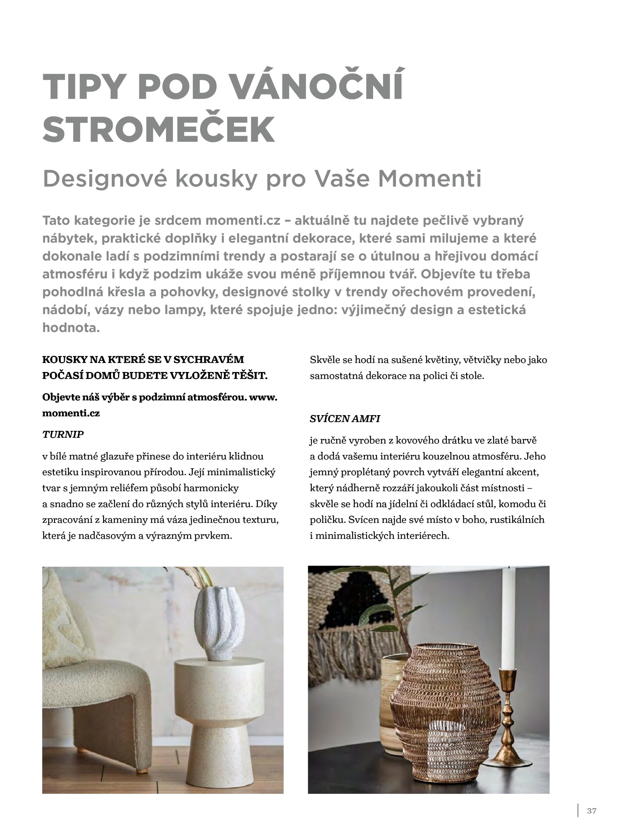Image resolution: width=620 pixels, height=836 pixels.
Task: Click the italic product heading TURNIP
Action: click(x=63, y=434)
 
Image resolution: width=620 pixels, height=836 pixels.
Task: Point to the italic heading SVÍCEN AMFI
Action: click(x=344, y=418)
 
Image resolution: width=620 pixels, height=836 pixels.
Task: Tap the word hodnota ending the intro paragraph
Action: click(x=71, y=328)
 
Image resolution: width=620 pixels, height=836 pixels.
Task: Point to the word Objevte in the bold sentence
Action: click(x=58, y=397)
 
